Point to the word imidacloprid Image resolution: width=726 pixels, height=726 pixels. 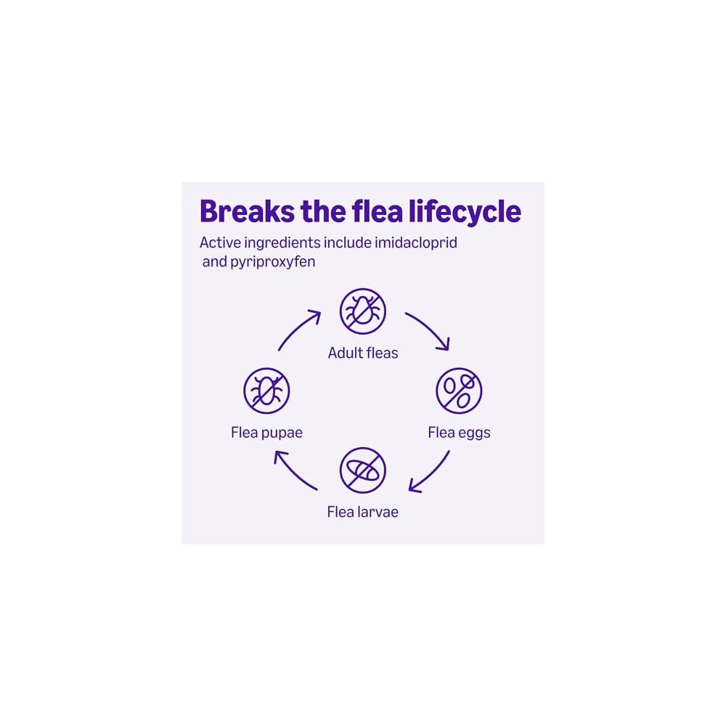(x=416, y=242)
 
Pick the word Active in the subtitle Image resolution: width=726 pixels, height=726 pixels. (x=220, y=242)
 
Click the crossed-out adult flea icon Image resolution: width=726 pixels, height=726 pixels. (x=363, y=311)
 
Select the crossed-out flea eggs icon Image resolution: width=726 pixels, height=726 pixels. (x=459, y=391)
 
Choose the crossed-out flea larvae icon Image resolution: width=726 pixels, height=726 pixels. (x=363, y=470)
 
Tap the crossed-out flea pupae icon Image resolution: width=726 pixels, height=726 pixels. (x=266, y=391)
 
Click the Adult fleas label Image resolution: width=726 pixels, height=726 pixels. (x=363, y=354)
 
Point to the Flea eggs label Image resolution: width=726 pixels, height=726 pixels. (x=459, y=433)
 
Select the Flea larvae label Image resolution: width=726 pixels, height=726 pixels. (x=363, y=512)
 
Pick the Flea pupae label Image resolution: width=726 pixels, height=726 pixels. (x=266, y=433)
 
